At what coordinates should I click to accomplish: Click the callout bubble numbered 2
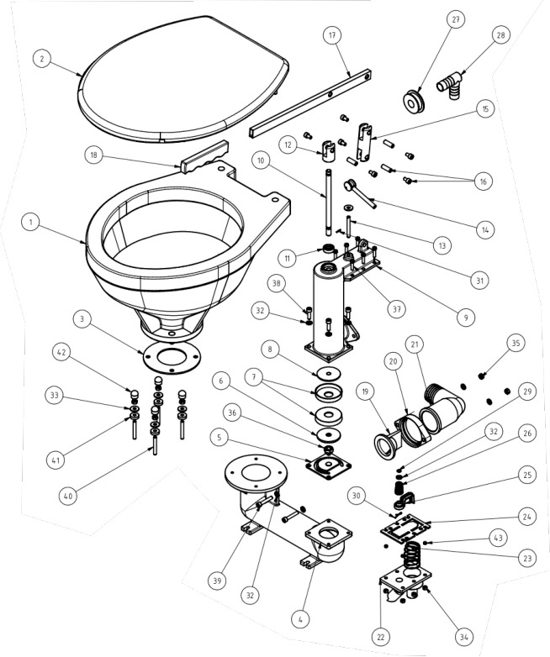point(41,58)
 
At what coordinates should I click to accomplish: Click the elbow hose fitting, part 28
point(449,84)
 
